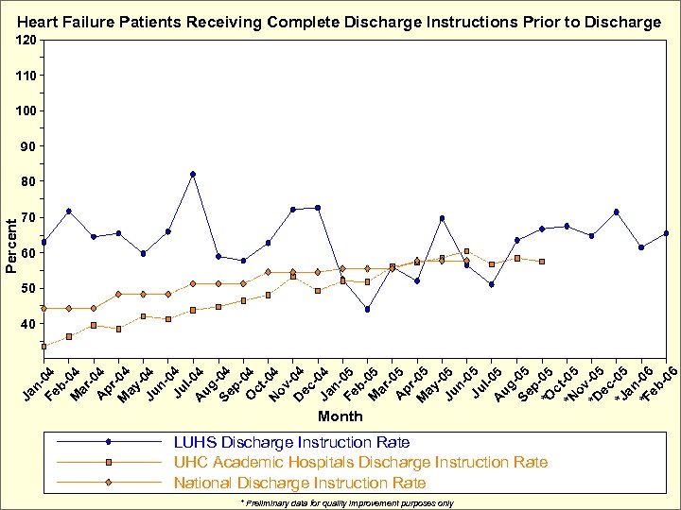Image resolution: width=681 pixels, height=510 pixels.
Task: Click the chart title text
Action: point(340,21)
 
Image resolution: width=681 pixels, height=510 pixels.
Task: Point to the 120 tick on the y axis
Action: point(26,40)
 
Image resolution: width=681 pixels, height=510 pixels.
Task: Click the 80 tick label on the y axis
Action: point(29,181)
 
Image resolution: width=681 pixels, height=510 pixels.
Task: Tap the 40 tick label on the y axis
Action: point(29,324)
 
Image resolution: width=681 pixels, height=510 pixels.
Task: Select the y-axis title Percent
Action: point(10,246)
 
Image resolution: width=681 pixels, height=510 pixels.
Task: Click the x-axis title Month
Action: point(340,416)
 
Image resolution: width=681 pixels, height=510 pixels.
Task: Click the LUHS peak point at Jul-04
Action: point(193,174)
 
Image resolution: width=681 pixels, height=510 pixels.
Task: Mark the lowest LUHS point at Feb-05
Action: point(367,309)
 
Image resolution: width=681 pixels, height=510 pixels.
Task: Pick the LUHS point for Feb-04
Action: point(69,211)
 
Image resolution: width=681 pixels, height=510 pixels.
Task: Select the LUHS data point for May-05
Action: point(442,218)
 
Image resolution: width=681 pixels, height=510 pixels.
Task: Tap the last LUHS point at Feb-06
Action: point(666,233)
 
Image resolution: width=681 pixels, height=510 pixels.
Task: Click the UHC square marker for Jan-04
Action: point(44,346)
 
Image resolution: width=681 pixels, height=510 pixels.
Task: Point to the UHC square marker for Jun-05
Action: point(466,251)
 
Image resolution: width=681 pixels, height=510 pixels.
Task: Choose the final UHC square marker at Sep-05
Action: point(541,262)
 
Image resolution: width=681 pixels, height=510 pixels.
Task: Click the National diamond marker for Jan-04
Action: point(44,308)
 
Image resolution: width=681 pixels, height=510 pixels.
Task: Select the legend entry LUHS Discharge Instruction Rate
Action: point(291,442)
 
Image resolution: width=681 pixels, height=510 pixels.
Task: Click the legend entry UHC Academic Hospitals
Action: point(359,462)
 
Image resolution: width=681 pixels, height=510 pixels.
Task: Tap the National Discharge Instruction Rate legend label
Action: point(300,483)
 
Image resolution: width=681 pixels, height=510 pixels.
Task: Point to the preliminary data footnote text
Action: point(347,503)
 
